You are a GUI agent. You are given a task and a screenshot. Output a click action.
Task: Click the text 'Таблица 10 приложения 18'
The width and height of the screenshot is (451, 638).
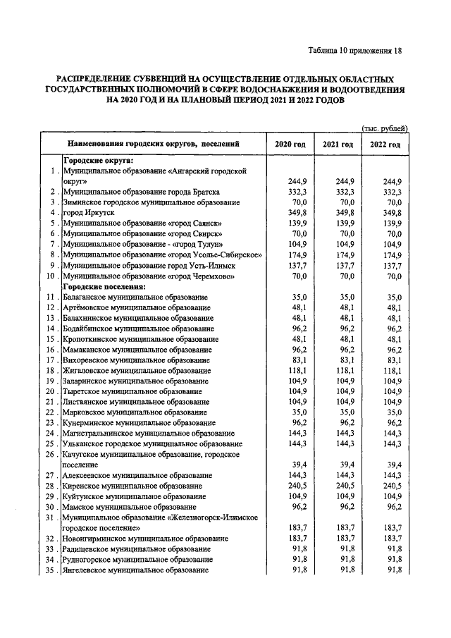tap(354, 50)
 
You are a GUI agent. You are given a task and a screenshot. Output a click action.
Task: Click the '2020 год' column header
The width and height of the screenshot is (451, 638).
tap(290, 145)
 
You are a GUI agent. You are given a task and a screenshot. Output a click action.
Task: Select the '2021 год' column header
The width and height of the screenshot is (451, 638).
tap(338, 145)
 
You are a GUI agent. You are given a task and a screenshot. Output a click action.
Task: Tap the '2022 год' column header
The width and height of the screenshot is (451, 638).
tap(385, 145)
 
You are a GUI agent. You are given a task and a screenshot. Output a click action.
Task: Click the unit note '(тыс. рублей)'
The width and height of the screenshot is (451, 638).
tap(385, 128)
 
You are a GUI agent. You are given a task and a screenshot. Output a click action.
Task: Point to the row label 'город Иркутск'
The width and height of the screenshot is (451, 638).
tap(90, 212)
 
